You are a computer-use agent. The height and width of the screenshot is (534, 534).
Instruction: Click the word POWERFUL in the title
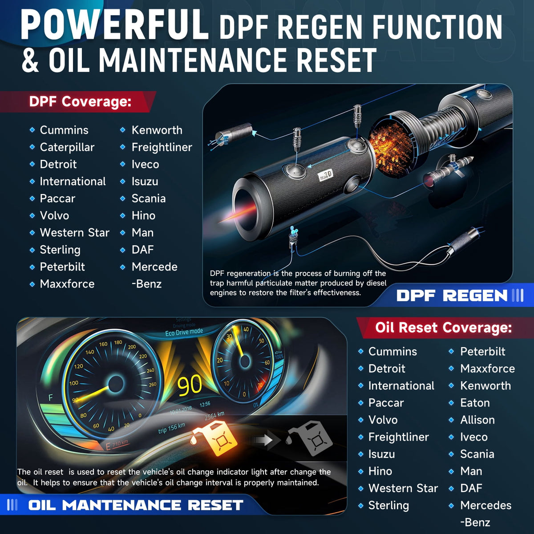click(114, 25)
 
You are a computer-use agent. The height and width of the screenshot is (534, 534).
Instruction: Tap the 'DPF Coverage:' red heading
click(81, 101)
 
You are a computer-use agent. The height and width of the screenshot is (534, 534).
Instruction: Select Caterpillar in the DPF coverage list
click(67, 148)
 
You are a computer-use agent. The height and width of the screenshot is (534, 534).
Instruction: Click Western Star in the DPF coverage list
click(75, 233)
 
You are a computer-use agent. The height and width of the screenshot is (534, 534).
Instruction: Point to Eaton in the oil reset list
click(475, 403)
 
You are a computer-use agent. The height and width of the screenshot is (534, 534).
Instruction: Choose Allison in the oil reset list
click(477, 420)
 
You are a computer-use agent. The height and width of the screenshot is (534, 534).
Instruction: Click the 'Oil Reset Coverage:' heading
click(443, 328)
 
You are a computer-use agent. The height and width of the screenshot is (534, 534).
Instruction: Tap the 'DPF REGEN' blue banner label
click(452, 295)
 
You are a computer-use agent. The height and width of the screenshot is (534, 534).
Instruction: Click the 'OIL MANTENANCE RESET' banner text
click(136, 505)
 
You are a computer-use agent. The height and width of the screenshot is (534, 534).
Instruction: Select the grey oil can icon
click(310, 438)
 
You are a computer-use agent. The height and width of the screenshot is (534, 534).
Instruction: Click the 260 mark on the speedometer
click(153, 384)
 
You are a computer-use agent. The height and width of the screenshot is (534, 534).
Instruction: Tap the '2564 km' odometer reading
click(214, 416)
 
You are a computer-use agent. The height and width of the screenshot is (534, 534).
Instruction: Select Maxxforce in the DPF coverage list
click(67, 284)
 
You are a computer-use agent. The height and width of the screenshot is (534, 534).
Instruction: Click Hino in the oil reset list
click(380, 471)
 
